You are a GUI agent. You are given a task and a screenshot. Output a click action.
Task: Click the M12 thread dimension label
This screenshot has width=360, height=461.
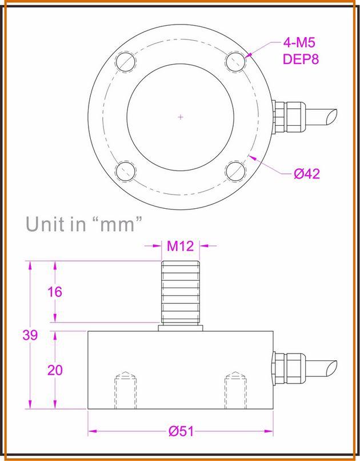click(x=181, y=246)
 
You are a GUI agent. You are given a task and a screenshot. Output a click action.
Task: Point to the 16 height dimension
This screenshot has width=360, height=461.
click(x=55, y=292)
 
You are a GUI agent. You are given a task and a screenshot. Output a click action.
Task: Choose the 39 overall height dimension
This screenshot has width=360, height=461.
click(x=30, y=335)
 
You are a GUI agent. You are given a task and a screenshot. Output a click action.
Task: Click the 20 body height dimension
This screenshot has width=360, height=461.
click(x=55, y=370)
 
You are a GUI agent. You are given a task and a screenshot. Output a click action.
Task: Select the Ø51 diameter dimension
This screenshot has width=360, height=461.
click(x=181, y=432)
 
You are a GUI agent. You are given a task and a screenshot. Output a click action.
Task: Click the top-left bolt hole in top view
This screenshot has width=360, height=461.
click(x=125, y=62)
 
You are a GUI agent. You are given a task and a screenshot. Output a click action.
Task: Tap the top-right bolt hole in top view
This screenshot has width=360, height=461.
click(x=235, y=62)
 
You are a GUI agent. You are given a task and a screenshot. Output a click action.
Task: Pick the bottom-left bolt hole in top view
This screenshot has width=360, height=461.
click(x=125, y=171)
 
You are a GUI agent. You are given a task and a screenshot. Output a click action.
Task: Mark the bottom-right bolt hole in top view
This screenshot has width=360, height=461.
click(x=235, y=171)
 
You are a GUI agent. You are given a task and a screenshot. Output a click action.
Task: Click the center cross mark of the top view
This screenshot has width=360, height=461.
click(x=181, y=117)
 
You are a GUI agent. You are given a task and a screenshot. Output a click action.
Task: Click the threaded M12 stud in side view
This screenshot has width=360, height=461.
click(x=181, y=292)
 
